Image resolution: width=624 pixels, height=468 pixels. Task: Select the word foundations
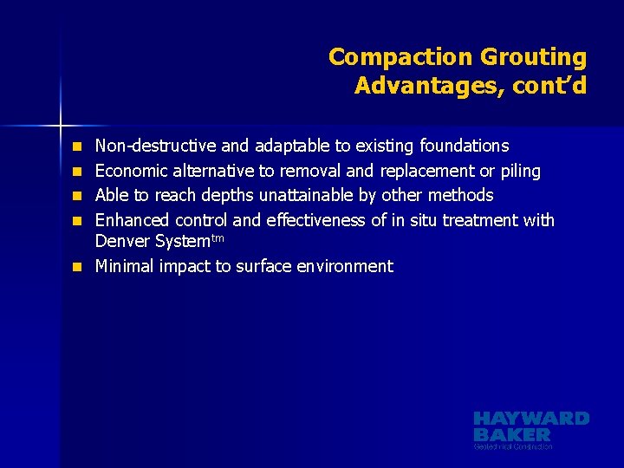pos(465,146)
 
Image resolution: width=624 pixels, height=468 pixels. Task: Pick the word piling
pos(520,171)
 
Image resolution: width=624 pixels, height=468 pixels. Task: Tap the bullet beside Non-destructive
pos(77,146)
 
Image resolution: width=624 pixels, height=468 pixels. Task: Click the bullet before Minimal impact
pos(77,266)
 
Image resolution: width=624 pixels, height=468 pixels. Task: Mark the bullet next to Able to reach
pos(77,195)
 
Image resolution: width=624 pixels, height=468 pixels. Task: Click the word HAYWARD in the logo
pos(531,419)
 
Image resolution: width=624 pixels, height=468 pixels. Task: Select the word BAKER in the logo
pos(511,433)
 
